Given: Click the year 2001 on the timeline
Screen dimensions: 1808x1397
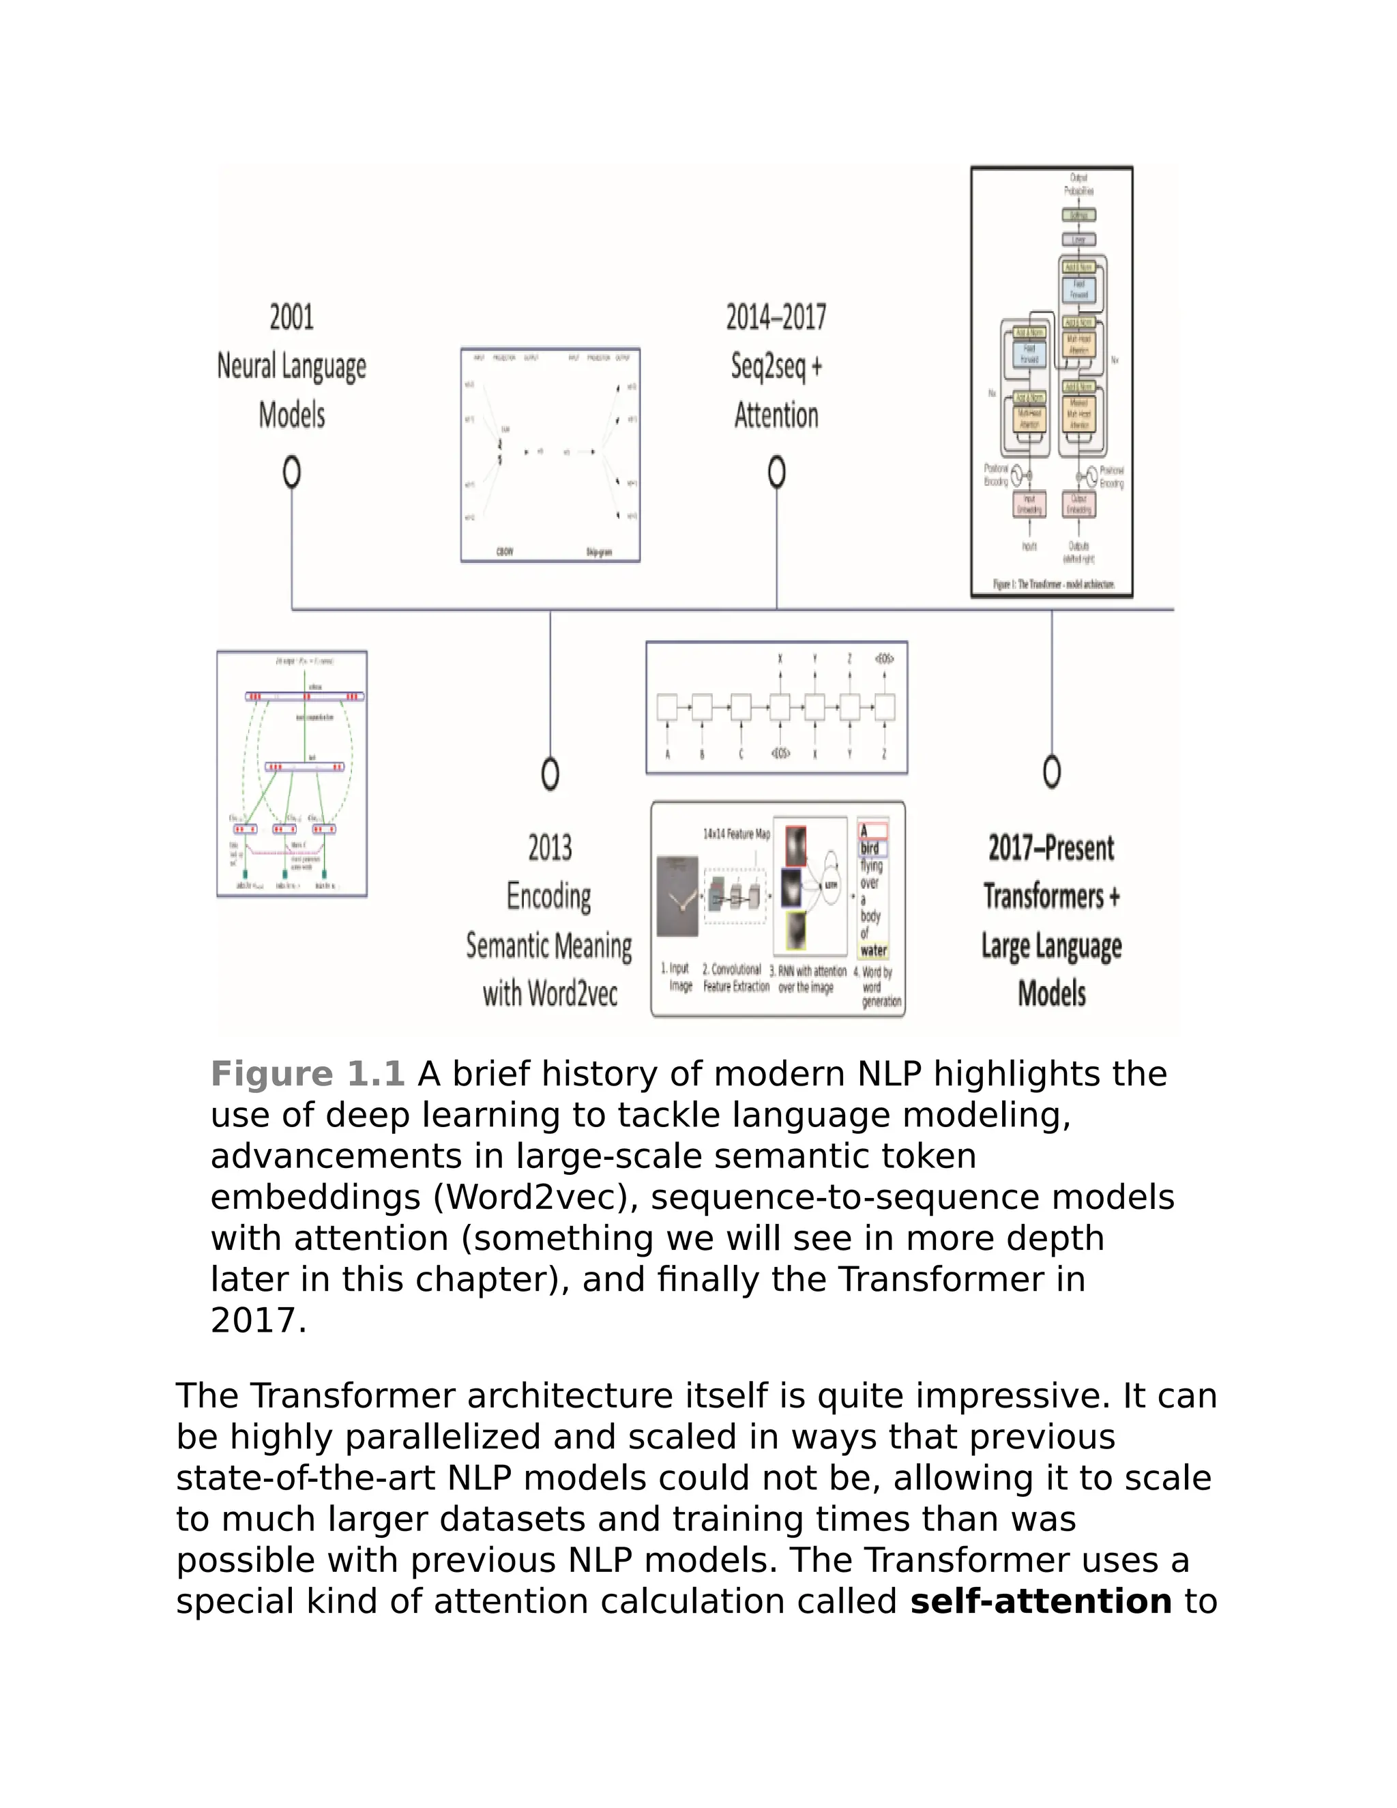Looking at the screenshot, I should click(x=291, y=317).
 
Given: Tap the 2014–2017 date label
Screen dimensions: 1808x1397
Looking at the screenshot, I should click(x=776, y=317).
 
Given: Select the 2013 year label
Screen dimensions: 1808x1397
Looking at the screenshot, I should click(x=550, y=847).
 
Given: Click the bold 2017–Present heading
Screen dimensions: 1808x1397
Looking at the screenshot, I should click(x=1051, y=847).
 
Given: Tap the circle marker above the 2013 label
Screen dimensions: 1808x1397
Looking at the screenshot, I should click(x=550, y=774).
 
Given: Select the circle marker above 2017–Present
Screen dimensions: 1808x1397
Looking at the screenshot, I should click(x=1051, y=772).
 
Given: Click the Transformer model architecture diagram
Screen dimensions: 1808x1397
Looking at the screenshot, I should click(x=1051, y=381).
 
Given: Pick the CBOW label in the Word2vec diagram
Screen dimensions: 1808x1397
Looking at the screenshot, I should click(x=504, y=551).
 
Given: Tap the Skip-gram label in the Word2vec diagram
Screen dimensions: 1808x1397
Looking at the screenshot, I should click(x=599, y=552).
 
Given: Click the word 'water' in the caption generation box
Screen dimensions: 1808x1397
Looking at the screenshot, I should click(x=873, y=950).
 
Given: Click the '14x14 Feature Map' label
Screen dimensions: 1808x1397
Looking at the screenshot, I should click(x=737, y=834).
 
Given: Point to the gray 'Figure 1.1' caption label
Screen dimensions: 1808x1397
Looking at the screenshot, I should click(x=307, y=1075).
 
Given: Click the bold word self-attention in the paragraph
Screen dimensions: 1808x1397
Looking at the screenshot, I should click(x=1040, y=1601).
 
